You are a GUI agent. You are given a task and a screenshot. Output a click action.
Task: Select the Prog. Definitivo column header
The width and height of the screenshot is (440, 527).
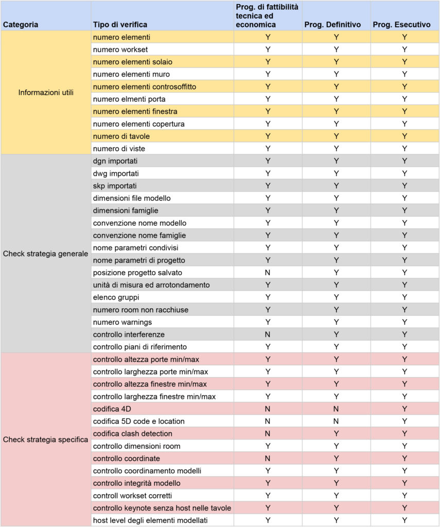coord(336,24)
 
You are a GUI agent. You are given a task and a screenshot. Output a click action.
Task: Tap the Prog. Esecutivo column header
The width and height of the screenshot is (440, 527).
coord(404,24)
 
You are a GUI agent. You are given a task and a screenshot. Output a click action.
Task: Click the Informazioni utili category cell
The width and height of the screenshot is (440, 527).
coord(46,93)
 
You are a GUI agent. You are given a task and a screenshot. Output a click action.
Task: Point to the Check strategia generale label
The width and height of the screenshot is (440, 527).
coord(46,254)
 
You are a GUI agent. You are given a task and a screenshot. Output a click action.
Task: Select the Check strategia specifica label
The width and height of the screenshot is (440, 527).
coord(46,440)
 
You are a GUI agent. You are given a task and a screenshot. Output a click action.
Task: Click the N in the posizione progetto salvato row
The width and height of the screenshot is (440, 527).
coord(268,272)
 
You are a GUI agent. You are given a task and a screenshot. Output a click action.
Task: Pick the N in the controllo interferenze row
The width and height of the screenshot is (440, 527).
coord(268,334)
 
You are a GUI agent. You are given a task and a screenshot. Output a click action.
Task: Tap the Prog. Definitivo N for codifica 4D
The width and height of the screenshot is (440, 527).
coord(336,409)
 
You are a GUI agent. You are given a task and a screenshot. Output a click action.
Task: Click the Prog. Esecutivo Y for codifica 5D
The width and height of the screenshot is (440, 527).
coord(404,421)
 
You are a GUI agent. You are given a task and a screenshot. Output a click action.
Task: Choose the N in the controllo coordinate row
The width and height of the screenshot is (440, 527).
coord(268,458)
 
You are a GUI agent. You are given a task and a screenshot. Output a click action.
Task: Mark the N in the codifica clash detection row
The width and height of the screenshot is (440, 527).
coord(268,433)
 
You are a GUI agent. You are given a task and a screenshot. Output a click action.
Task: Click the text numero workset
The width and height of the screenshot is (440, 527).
coord(120,49)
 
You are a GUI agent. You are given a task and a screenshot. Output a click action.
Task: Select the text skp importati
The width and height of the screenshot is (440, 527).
coord(115,185)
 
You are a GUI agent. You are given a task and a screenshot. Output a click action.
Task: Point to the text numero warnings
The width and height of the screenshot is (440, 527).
coord(122,322)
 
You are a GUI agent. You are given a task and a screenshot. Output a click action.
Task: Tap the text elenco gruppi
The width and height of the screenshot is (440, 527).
coord(116,297)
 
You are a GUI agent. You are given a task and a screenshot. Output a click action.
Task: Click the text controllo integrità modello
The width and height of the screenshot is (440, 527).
coord(136,483)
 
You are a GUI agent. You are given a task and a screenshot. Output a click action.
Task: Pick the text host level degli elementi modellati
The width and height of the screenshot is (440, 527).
coord(150,520)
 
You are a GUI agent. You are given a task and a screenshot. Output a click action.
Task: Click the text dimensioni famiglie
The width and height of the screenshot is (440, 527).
coord(126,210)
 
